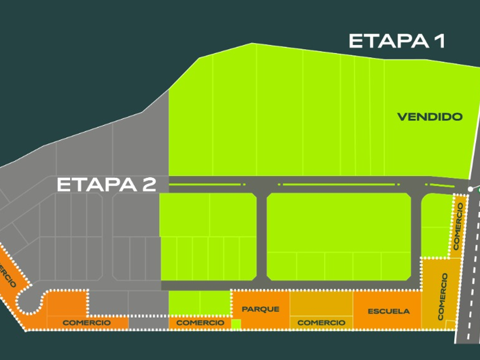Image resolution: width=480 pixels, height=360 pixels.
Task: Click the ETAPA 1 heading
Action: click(x=397, y=41)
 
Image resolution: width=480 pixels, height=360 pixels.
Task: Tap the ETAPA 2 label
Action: click(x=106, y=185)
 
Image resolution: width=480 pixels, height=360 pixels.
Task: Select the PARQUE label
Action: click(x=261, y=309)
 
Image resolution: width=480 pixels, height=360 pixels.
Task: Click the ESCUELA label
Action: click(x=389, y=311)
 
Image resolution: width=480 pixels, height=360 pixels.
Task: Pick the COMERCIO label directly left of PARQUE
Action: click(x=200, y=323)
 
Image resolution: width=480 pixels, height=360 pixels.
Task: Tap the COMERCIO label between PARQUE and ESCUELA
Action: click(x=321, y=323)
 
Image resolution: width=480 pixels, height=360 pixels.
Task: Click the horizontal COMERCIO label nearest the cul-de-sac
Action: click(x=87, y=323)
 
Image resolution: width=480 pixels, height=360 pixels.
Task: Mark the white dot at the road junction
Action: click(x=470, y=189)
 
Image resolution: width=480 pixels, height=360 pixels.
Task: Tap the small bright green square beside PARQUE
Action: click(x=236, y=324)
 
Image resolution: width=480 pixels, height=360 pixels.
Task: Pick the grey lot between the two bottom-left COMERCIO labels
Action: click(x=148, y=323)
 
